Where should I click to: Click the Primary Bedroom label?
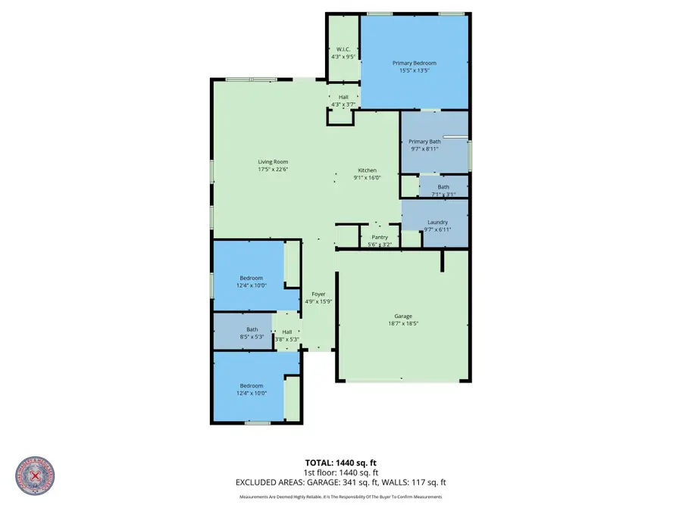(x=414, y=63)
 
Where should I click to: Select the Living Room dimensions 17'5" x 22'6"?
(x=273, y=170)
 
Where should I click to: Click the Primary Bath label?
(x=424, y=142)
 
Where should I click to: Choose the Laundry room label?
(x=437, y=222)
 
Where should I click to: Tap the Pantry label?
(x=379, y=237)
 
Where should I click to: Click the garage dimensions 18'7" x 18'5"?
(x=402, y=323)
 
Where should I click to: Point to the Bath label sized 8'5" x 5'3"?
(x=252, y=329)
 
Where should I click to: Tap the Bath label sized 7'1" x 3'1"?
(x=443, y=187)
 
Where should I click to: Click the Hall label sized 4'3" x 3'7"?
(x=343, y=97)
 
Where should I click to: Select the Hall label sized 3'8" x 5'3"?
(x=287, y=332)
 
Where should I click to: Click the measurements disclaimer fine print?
(x=340, y=497)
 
